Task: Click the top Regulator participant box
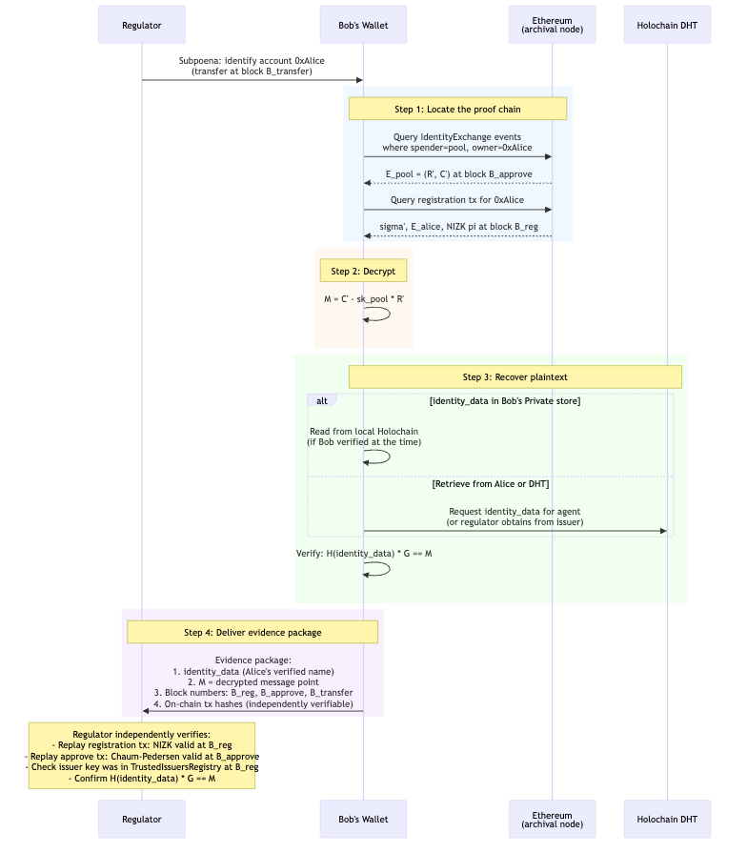point(142,24)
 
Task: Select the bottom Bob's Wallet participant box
point(363,819)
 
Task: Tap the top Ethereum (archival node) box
point(552,24)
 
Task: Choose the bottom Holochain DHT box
point(667,819)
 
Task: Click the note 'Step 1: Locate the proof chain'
point(457,109)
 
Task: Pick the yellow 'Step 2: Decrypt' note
point(363,272)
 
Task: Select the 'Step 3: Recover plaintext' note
point(515,377)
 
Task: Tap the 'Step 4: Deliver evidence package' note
point(252,632)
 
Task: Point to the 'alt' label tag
point(321,400)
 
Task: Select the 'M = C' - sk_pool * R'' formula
point(363,299)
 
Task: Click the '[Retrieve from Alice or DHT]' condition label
point(491,484)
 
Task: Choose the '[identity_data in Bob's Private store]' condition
point(505,400)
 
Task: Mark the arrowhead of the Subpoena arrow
point(359,80)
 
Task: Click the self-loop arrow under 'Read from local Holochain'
point(378,457)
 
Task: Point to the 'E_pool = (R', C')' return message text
point(457,174)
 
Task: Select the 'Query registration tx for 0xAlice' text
point(457,200)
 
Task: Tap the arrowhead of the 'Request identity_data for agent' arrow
point(663,531)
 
